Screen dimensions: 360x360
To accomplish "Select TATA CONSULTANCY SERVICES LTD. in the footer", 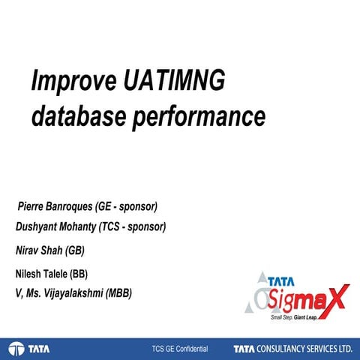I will [292, 349].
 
